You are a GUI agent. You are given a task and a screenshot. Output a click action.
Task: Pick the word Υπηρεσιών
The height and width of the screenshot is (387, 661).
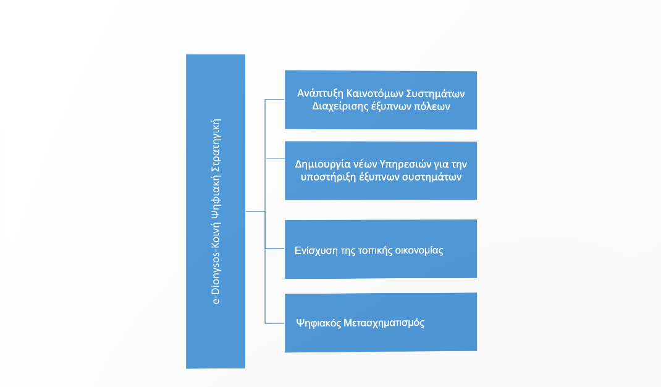tap(405, 164)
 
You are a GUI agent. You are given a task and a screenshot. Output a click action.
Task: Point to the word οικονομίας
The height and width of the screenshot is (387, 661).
tap(419, 251)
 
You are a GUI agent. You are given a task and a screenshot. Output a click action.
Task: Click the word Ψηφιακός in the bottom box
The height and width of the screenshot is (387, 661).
tap(318, 323)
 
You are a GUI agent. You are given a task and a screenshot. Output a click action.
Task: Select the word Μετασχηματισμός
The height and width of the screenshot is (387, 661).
tap(384, 323)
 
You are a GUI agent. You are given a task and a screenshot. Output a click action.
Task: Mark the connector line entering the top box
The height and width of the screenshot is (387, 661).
tap(275, 100)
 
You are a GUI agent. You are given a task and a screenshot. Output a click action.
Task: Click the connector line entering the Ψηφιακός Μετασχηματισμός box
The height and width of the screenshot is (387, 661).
tap(275, 323)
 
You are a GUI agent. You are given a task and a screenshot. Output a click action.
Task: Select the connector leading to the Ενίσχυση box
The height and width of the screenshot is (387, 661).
tap(275, 249)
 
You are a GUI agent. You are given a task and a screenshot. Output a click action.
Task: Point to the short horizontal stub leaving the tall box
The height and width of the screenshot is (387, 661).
tap(256, 211)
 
